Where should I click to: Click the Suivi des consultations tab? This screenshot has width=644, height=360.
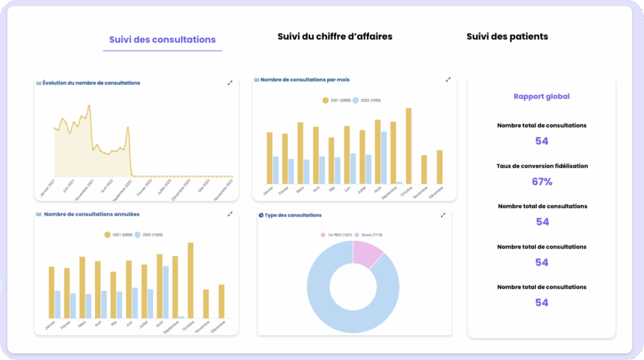click(162, 40)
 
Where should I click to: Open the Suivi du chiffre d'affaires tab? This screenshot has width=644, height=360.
click(335, 37)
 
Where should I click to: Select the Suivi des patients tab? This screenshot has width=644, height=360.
click(507, 37)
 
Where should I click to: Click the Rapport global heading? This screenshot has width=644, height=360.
click(541, 97)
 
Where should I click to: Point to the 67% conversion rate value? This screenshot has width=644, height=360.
click(541, 182)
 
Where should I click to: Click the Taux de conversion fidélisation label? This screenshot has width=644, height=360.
click(541, 166)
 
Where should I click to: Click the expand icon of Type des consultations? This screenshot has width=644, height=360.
click(443, 215)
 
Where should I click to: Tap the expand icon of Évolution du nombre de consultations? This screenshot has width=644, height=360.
click(230, 82)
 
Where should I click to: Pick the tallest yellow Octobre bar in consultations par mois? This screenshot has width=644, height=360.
click(409, 146)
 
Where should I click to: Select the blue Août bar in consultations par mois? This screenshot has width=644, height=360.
click(384, 157)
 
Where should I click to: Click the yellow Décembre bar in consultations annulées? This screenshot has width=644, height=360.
click(221, 301)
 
